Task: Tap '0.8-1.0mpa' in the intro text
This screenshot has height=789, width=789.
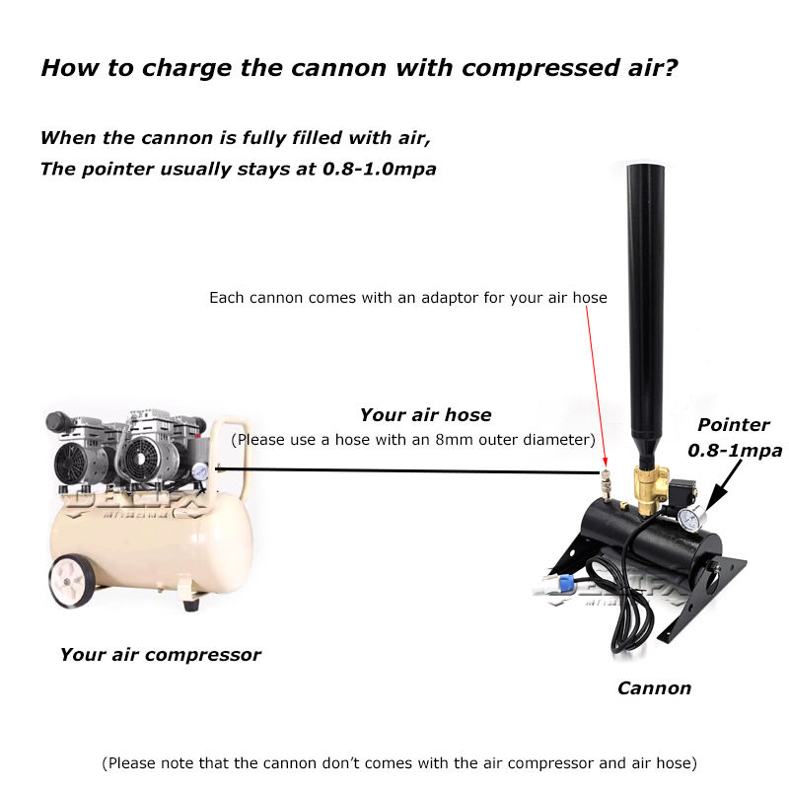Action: pos(379,169)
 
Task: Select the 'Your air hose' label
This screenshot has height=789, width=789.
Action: pos(425,415)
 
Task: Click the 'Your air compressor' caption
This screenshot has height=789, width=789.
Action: pos(160,654)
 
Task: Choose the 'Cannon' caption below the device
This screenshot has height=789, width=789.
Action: pos(654,687)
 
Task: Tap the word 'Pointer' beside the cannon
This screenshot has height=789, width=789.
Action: pos(734,425)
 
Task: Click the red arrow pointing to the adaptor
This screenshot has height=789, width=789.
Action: pos(598,385)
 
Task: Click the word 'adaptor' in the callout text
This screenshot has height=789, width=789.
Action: pos(448,297)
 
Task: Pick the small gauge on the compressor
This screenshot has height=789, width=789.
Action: pos(200,471)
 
